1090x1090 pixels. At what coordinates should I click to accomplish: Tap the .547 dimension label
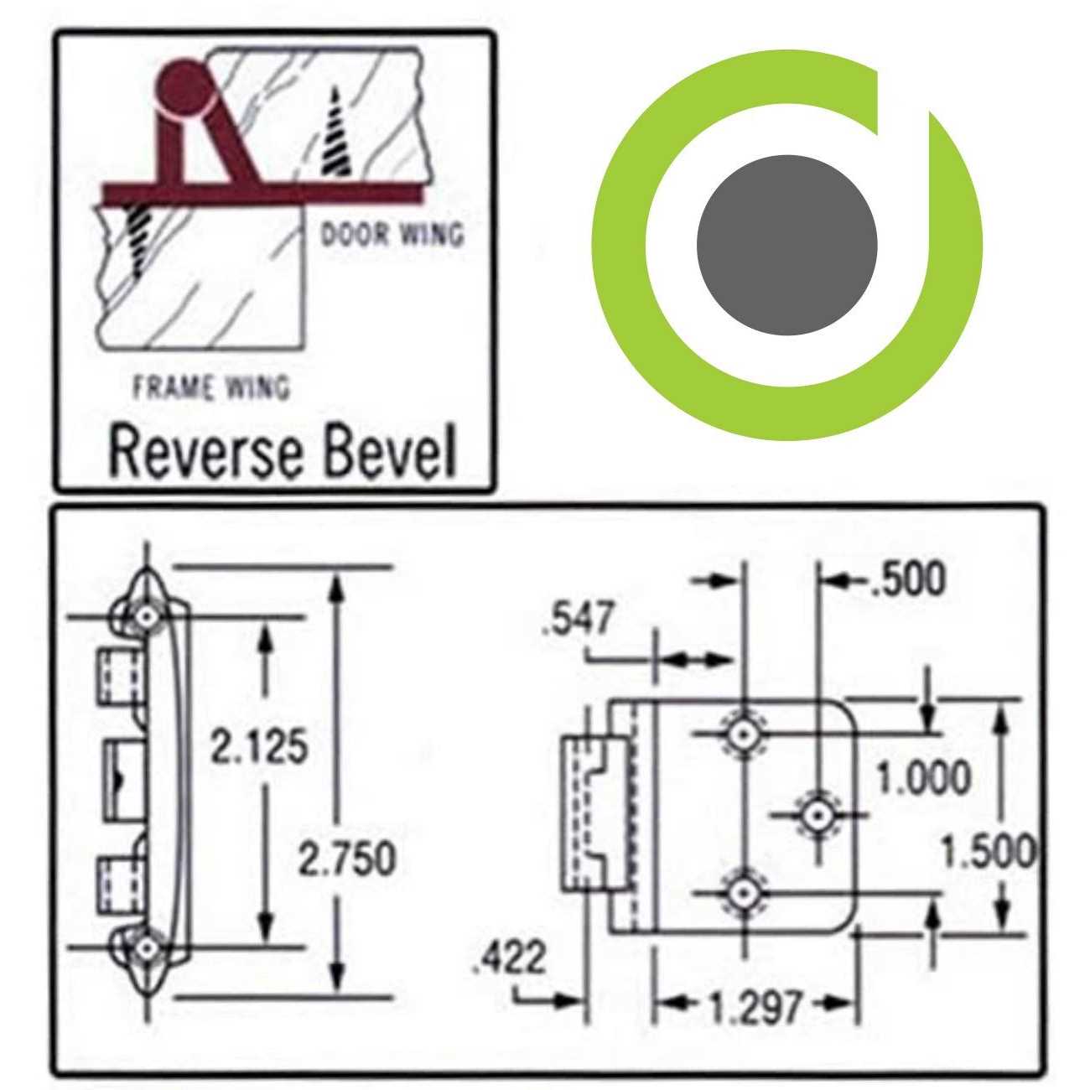[x=579, y=620]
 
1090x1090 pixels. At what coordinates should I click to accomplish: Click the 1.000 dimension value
[x=923, y=778]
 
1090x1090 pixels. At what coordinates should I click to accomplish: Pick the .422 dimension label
[x=509, y=958]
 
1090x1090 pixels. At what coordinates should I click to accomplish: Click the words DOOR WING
[x=392, y=234]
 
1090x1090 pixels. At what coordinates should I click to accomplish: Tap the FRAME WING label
[x=211, y=387]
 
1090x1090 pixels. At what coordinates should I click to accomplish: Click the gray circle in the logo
[x=786, y=245]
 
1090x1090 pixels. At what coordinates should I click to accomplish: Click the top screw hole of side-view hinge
[x=148, y=618]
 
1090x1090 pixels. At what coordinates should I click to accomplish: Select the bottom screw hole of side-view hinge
[x=148, y=947]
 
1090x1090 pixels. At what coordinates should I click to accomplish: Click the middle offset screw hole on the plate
[x=817, y=814]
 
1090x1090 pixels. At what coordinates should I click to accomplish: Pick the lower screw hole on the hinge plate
[x=742, y=893]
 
